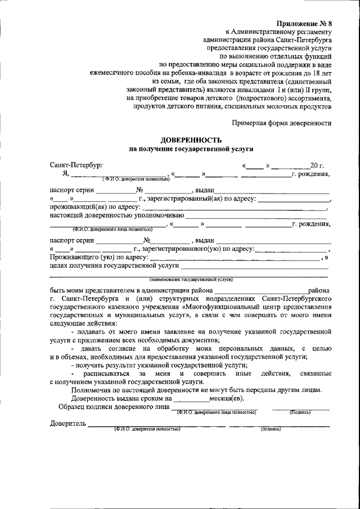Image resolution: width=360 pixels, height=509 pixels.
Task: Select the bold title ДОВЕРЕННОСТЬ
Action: pos(191,139)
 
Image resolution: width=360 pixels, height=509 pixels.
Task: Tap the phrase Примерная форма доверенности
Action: pos(282,123)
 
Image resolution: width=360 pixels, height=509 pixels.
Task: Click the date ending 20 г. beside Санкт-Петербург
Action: pos(317,165)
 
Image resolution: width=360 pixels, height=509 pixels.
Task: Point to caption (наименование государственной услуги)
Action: pos(191,280)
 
